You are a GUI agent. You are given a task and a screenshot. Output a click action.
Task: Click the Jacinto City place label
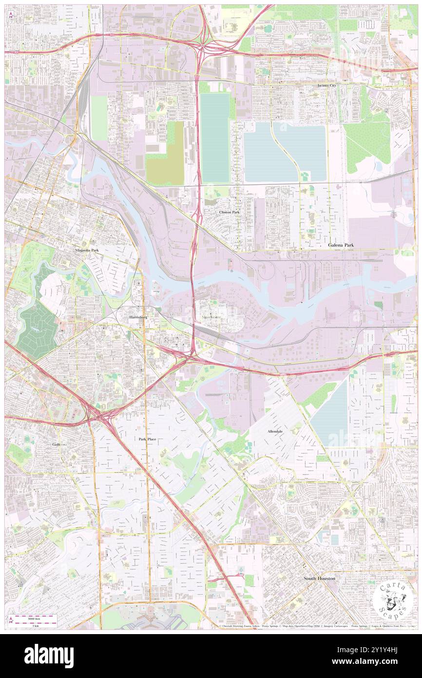pos(326,85)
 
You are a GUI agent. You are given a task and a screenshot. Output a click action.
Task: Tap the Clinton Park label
pos(229,212)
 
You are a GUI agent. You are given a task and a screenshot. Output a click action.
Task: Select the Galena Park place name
pos(341,244)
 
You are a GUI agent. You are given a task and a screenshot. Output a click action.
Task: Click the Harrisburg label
pos(138,317)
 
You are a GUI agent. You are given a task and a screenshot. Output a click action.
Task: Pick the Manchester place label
pos(211,317)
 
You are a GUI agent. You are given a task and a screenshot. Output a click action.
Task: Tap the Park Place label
pos(147,439)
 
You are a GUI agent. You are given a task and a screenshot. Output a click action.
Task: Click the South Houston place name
pos(319,578)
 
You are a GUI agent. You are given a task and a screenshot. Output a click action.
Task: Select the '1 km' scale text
pos(35,624)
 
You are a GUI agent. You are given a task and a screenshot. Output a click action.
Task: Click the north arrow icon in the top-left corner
pos(11,15)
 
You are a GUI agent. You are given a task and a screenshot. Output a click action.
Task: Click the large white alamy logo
pos(49,656)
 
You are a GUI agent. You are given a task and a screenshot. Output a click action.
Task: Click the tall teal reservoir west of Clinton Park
pos(215,138)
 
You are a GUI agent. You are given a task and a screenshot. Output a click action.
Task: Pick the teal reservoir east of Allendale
pos(330,415)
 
